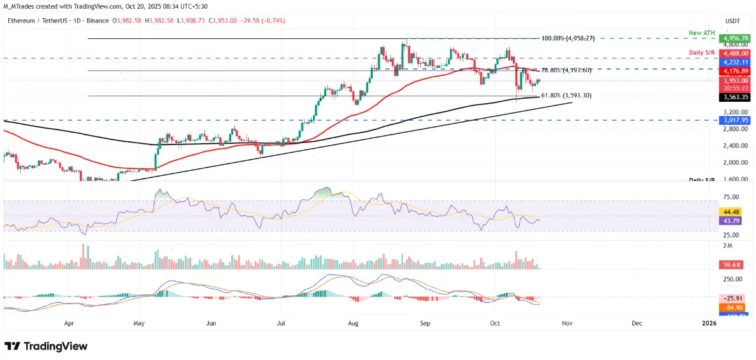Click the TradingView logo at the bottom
point(46,346)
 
